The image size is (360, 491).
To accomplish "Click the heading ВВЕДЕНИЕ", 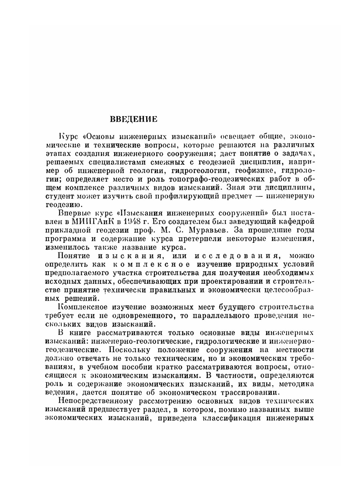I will point(133,119).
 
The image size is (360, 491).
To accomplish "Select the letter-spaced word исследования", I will point(236,256).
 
